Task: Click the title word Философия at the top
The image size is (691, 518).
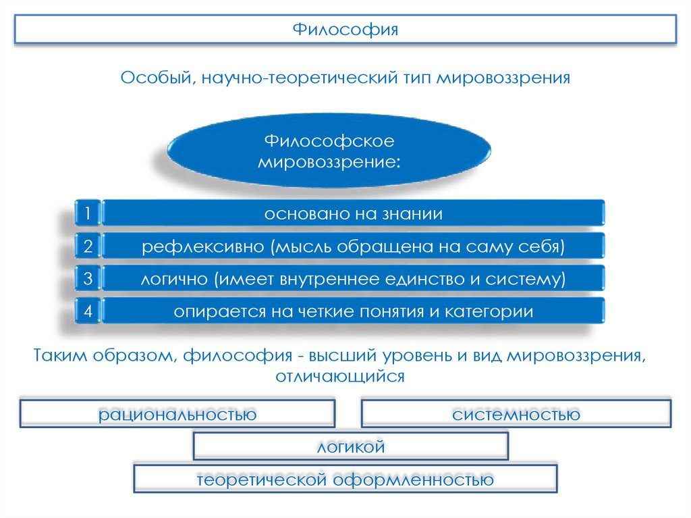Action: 345,30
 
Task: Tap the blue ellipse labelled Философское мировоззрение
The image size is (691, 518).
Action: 329,151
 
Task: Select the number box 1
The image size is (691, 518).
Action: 88,214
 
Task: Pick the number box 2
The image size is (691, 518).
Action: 88,247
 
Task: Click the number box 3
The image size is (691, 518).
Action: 88,279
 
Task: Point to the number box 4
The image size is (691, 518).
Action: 88,311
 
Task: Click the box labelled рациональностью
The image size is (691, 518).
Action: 177,413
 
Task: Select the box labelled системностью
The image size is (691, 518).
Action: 516,413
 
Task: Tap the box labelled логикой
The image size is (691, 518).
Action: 350,446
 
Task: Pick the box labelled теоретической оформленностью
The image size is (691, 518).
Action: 345,479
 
